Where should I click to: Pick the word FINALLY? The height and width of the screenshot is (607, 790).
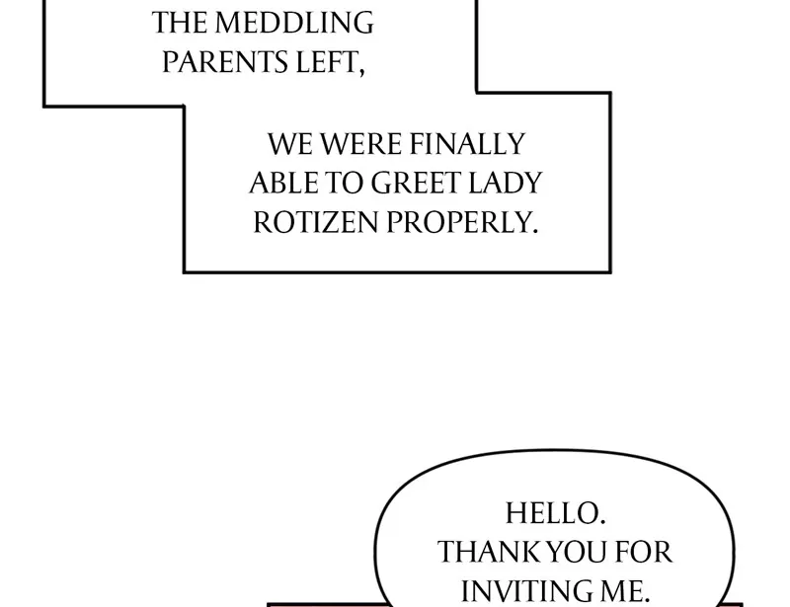(465, 145)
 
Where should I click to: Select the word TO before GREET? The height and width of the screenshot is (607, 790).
(346, 184)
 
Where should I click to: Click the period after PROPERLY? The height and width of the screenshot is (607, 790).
(535, 230)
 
